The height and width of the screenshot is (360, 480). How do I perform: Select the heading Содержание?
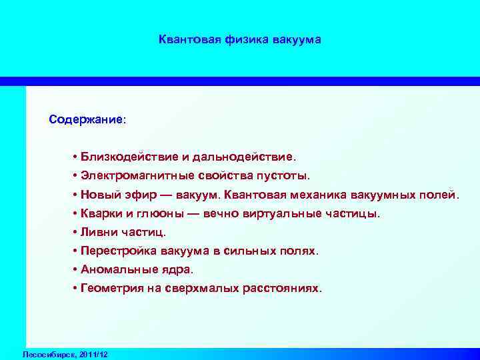[x=85, y=120]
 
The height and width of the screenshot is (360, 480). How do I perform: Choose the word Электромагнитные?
[x=137, y=176]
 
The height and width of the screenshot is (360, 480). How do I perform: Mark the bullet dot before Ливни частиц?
[x=75, y=233]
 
